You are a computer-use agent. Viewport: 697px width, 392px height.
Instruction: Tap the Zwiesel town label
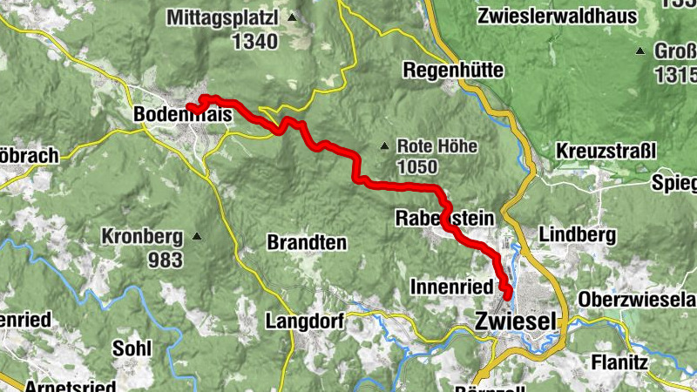(516, 321)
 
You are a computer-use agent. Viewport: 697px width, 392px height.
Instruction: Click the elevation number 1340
(254, 41)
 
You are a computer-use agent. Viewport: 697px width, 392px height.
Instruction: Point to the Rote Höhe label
(436, 146)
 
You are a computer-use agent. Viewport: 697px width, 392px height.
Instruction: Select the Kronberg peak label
(141, 235)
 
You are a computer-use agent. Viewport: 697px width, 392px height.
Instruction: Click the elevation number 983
(165, 259)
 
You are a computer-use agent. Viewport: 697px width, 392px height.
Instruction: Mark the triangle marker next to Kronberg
(198, 236)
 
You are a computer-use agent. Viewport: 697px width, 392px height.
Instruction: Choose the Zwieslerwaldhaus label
(550, 16)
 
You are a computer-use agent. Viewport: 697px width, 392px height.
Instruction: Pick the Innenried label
(450, 286)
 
